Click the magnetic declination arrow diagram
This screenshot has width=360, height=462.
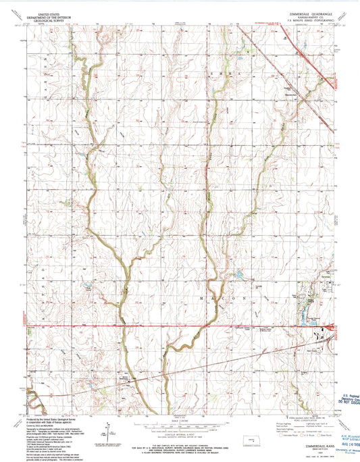(x=107, y=428)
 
